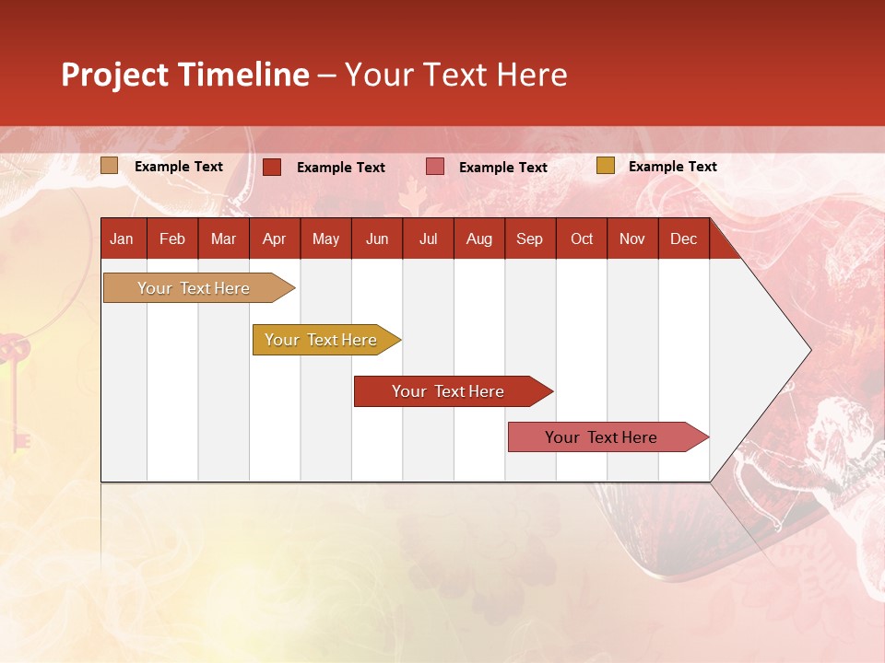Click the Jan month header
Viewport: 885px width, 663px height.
point(123,239)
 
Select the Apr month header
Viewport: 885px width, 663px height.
point(275,239)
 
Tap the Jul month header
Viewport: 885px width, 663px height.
point(429,239)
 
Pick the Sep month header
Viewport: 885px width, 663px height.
point(530,239)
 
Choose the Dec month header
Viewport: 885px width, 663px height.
point(683,239)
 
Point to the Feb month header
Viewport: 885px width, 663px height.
point(172,239)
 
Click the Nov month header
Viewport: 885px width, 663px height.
point(632,239)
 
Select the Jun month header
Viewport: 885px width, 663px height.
point(377,239)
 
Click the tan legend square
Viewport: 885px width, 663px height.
point(110,166)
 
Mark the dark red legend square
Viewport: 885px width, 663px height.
point(272,167)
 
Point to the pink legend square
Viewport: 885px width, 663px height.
point(435,167)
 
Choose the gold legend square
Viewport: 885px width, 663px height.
point(605,166)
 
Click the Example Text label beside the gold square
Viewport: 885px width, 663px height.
point(672,167)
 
